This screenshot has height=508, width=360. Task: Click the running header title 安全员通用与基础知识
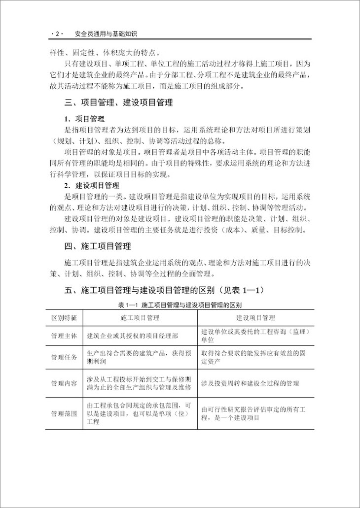(105, 34)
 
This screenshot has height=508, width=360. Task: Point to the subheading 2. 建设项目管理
(91, 186)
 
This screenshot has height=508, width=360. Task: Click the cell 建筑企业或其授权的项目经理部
(133, 336)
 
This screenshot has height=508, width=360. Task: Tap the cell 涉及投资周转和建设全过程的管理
(250, 383)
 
